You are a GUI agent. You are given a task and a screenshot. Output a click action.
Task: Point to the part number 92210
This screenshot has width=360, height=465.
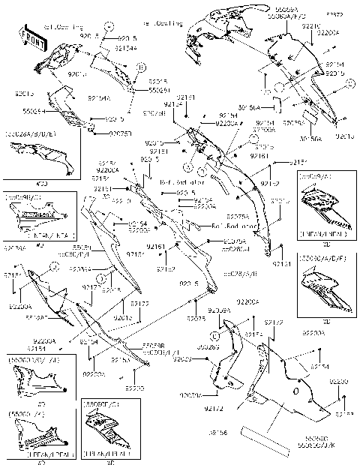click(310, 25)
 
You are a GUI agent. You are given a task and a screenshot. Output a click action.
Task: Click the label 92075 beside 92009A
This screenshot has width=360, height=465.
click(196, 319)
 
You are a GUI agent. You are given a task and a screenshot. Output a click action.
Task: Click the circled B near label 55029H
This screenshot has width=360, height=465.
click(139, 67)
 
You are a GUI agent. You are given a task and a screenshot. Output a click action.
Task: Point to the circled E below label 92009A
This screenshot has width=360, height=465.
click(214, 325)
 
